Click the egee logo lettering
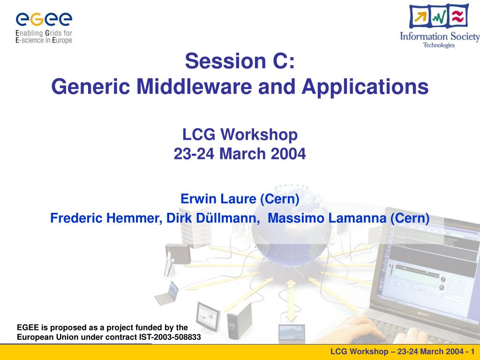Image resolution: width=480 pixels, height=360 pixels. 44,20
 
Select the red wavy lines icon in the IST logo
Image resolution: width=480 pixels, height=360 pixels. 458,15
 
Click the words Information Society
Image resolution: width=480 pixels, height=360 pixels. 440,37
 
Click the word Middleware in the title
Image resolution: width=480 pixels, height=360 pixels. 194,86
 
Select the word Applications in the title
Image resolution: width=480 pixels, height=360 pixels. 365,87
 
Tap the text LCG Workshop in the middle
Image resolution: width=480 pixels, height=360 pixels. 240,135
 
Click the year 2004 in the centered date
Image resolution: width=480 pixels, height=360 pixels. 288,154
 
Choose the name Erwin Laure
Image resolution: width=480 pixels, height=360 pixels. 218,199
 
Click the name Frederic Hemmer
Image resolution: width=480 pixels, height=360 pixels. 106,218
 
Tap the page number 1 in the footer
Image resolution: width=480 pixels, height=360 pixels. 472,352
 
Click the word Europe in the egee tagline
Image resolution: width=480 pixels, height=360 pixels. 62,40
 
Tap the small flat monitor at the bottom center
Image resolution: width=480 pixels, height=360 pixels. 292,332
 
